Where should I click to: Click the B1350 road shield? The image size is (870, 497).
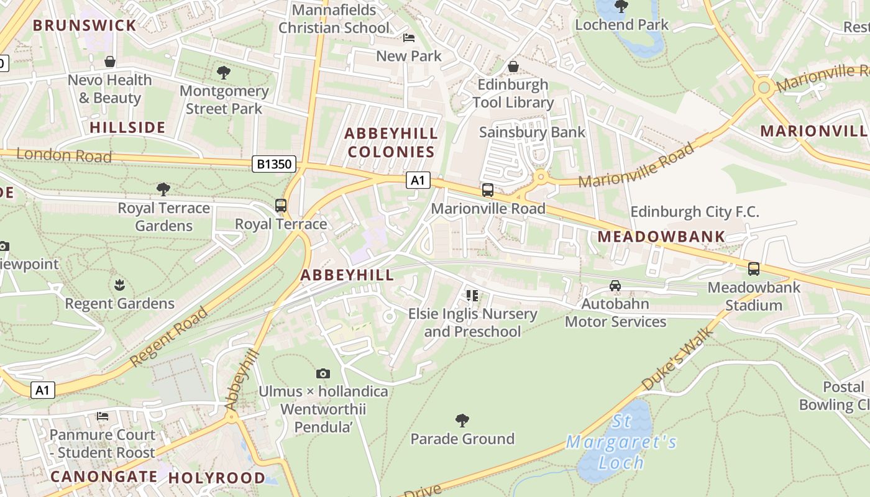274,164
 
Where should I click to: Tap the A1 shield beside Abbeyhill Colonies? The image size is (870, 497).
418,180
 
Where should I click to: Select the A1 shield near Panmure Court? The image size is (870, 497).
42,390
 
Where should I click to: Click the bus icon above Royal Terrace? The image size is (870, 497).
281,206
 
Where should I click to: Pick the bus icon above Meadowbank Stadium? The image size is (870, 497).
754,269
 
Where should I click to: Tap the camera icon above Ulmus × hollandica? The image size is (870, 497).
323,373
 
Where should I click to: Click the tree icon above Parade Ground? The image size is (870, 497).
462,421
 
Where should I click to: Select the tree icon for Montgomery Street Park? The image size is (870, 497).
224,73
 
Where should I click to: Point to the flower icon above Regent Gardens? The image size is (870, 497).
119,285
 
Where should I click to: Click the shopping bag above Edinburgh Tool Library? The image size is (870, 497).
513,66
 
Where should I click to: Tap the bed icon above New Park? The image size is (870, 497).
409,38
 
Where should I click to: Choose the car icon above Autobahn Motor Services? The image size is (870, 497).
615,286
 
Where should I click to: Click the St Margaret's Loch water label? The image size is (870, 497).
621,442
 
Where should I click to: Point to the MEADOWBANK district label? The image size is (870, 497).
661,236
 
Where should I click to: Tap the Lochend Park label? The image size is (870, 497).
621,25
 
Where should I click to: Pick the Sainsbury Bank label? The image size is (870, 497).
532,132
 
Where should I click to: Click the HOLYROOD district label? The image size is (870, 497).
217,478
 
